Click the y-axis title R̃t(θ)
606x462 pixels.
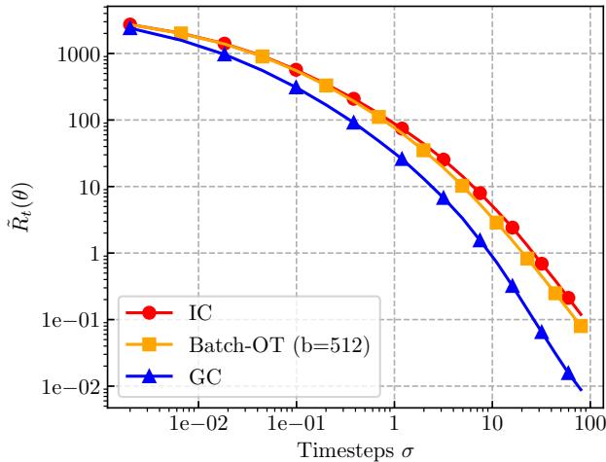[x=18, y=220]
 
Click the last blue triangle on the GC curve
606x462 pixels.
[x=568, y=373]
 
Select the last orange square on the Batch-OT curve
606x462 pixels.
[x=581, y=326]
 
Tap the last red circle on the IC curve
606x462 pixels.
[x=568, y=298]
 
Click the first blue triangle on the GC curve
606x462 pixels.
[x=130, y=28]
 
